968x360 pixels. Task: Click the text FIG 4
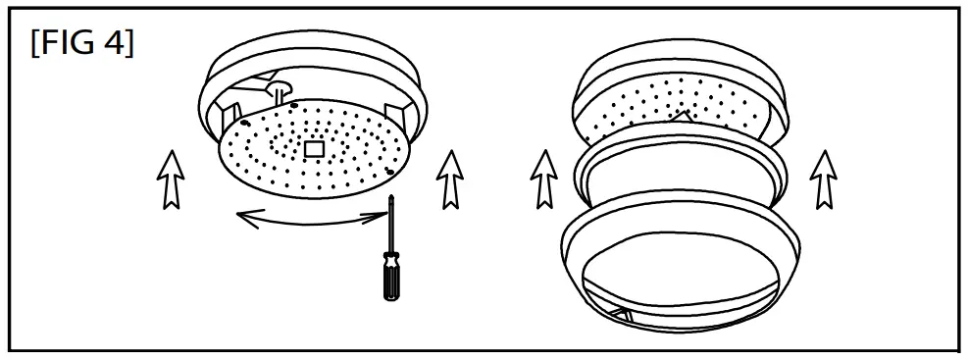click(82, 45)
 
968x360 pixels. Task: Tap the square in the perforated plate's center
click(315, 148)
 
